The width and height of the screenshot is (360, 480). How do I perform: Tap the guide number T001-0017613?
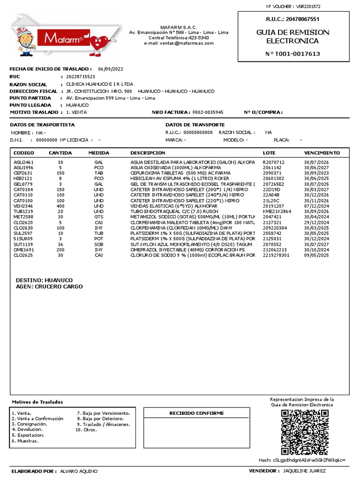tap(293, 54)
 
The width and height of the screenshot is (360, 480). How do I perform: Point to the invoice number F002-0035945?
tap(208, 112)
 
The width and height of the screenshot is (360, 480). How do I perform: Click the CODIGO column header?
tap(24, 153)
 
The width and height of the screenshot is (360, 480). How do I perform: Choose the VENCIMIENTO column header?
tap(322, 153)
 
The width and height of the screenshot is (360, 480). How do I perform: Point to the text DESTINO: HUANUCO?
tap(45, 280)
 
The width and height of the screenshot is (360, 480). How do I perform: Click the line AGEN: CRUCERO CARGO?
tap(49, 286)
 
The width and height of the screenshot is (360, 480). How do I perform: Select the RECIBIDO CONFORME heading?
tap(196, 413)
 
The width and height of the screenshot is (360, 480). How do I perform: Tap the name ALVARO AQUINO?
tap(79, 471)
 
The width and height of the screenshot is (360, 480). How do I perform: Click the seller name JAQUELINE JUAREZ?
tap(304, 471)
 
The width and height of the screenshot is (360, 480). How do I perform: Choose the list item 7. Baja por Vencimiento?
tap(100, 413)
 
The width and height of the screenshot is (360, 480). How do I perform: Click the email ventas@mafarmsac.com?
tap(179, 43)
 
